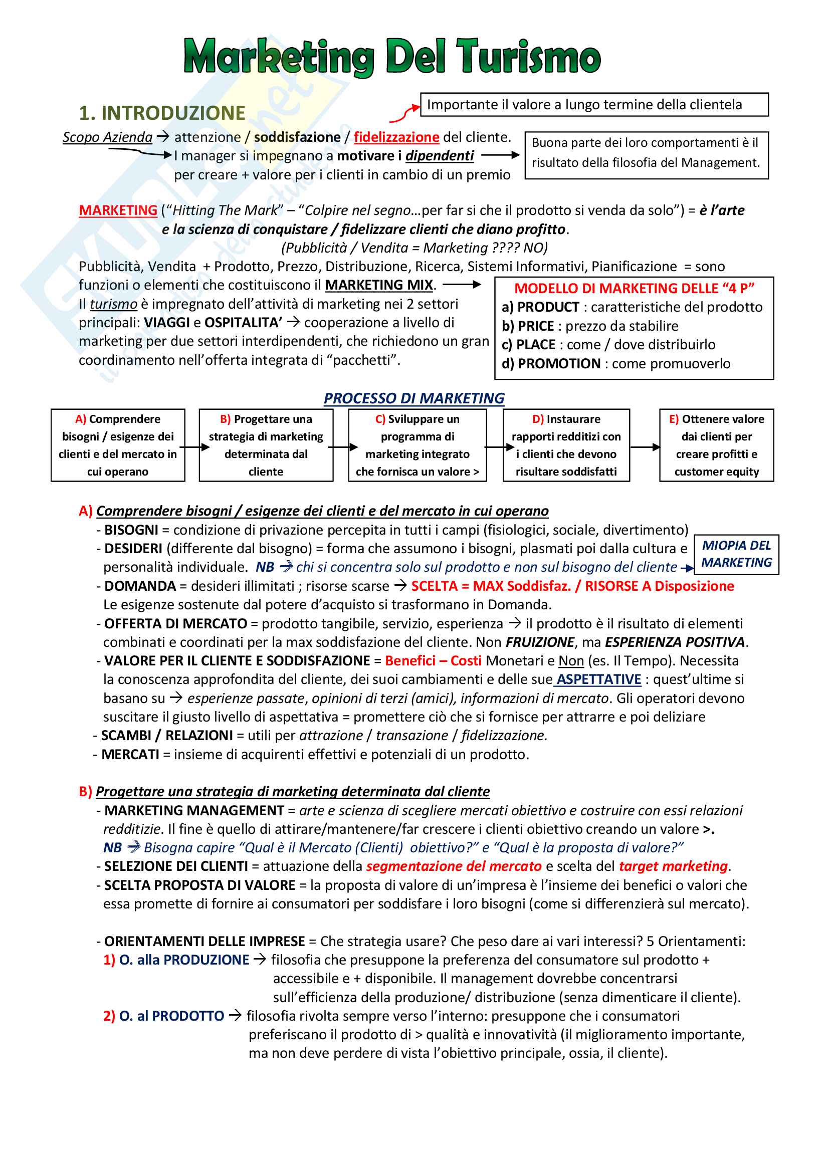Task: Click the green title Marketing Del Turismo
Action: pyautogui.click(x=391, y=57)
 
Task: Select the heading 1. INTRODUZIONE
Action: pyautogui.click(x=162, y=113)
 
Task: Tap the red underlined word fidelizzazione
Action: pyautogui.click(x=396, y=137)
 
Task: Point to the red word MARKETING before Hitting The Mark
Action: pyautogui.click(x=118, y=210)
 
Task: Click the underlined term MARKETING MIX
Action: pyautogui.click(x=379, y=285)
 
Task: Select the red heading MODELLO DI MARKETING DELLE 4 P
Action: pyautogui.click(x=634, y=289)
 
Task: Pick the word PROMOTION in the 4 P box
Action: pyautogui.click(x=559, y=363)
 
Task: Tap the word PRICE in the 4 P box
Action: pyautogui.click(x=535, y=326)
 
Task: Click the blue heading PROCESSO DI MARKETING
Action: pyautogui.click(x=414, y=398)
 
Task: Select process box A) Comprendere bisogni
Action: pyautogui.click(x=118, y=445)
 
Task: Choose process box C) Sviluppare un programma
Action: pyautogui.click(x=417, y=445)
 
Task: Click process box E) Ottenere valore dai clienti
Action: pyautogui.click(x=716, y=445)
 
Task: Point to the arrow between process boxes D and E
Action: pyautogui.click(x=645, y=447)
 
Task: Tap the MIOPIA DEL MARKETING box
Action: pyautogui.click(x=736, y=554)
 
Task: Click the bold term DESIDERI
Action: pyautogui.click(x=133, y=549)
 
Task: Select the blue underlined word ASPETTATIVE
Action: pyautogui.click(x=598, y=679)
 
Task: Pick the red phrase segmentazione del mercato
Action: pyautogui.click(x=454, y=866)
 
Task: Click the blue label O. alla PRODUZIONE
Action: pyautogui.click(x=184, y=960)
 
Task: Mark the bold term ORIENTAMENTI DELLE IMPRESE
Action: pyautogui.click(x=204, y=942)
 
